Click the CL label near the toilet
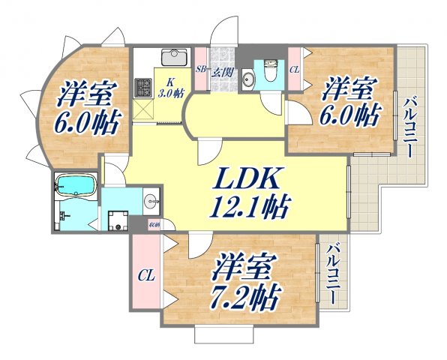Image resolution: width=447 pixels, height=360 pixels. [x=294, y=70]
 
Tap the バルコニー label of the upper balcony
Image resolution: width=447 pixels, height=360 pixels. [x=409, y=128]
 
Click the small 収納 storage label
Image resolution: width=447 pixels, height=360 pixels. [x=153, y=223]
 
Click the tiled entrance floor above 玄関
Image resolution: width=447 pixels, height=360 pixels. [x=223, y=57]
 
